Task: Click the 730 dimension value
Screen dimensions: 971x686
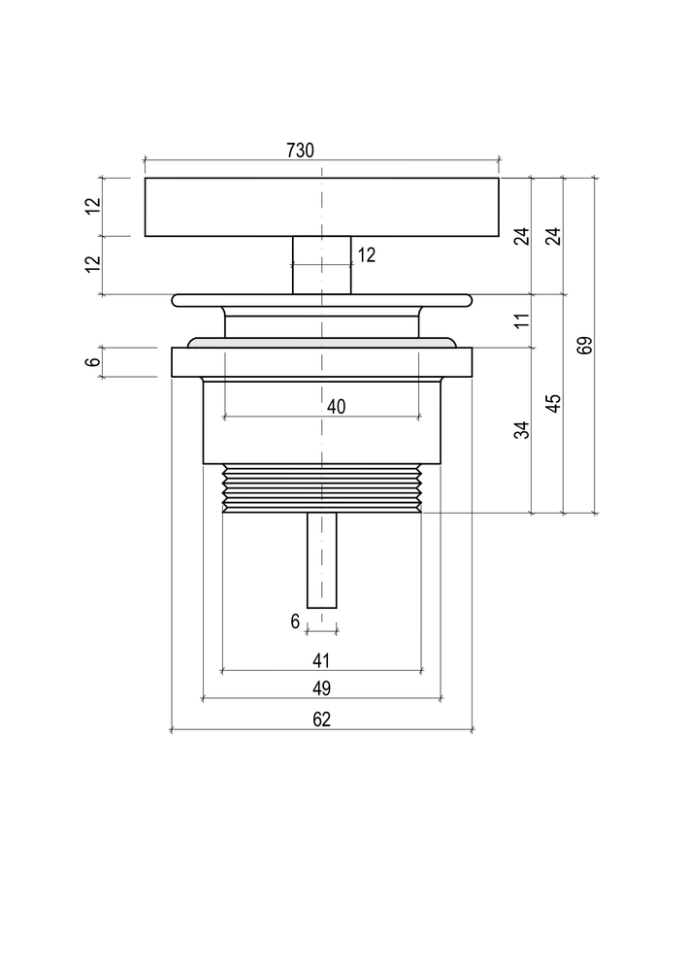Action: click(300, 151)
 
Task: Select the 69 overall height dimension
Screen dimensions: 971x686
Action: click(584, 346)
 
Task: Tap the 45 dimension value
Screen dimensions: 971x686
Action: click(553, 403)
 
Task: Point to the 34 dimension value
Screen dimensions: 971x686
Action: click(522, 429)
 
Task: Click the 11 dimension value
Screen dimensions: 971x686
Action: click(522, 319)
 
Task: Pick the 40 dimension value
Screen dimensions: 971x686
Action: click(336, 407)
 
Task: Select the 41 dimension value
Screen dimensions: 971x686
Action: click(322, 660)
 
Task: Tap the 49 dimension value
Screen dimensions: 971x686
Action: click(322, 688)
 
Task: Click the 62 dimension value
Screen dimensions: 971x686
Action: click(322, 720)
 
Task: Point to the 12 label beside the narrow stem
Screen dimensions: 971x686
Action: click(366, 255)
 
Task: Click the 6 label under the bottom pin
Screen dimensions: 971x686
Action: click(295, 621)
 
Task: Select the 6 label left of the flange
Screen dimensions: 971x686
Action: click(93, 361)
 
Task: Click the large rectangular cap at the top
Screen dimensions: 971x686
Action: click(243, 207)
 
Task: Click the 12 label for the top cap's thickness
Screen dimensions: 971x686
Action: click(93, 207)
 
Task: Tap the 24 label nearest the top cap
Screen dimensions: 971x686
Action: click(522, 235)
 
